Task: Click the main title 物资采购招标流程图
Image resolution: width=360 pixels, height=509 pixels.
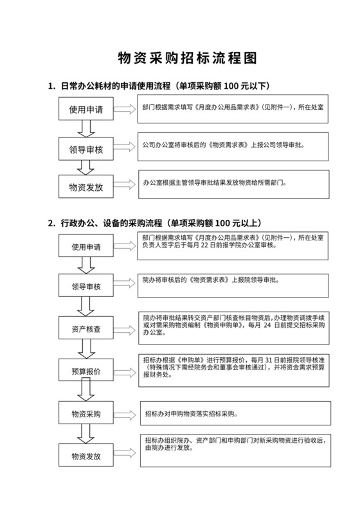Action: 180,58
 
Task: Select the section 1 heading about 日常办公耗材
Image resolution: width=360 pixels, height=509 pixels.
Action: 158,86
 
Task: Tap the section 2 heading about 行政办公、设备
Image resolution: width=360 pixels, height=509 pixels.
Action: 154,223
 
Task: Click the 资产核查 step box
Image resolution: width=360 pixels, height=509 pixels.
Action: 86,330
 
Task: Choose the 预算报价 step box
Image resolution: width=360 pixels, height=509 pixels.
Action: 86,371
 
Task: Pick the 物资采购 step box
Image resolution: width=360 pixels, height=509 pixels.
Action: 86,413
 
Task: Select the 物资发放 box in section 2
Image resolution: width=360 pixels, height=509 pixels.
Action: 86,455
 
